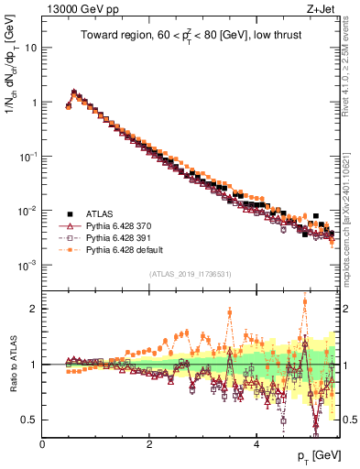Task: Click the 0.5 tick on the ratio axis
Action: pos(30,420)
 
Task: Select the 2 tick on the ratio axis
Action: pos(35,309)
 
